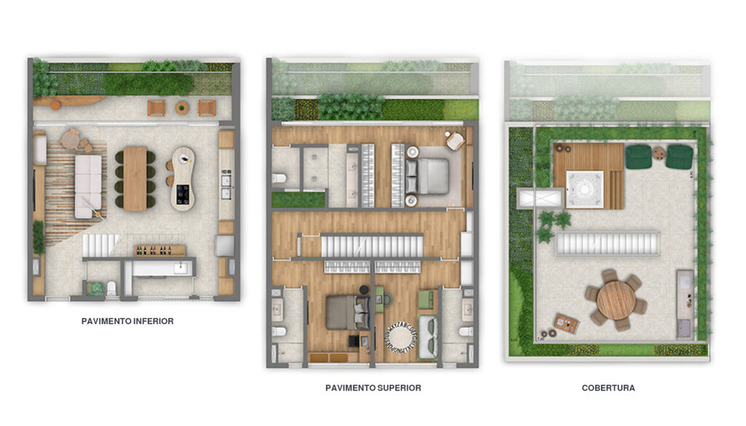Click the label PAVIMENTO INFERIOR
127,320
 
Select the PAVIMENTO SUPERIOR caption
373,388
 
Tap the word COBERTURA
608,388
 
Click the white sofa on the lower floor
87,185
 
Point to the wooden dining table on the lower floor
135,179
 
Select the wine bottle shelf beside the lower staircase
159,251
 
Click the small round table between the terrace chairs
182,108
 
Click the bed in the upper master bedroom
432,175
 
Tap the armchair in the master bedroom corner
455,141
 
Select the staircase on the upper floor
372,245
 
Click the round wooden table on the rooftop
616,299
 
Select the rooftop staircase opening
597,244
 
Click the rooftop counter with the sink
684,304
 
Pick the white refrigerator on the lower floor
224,245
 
